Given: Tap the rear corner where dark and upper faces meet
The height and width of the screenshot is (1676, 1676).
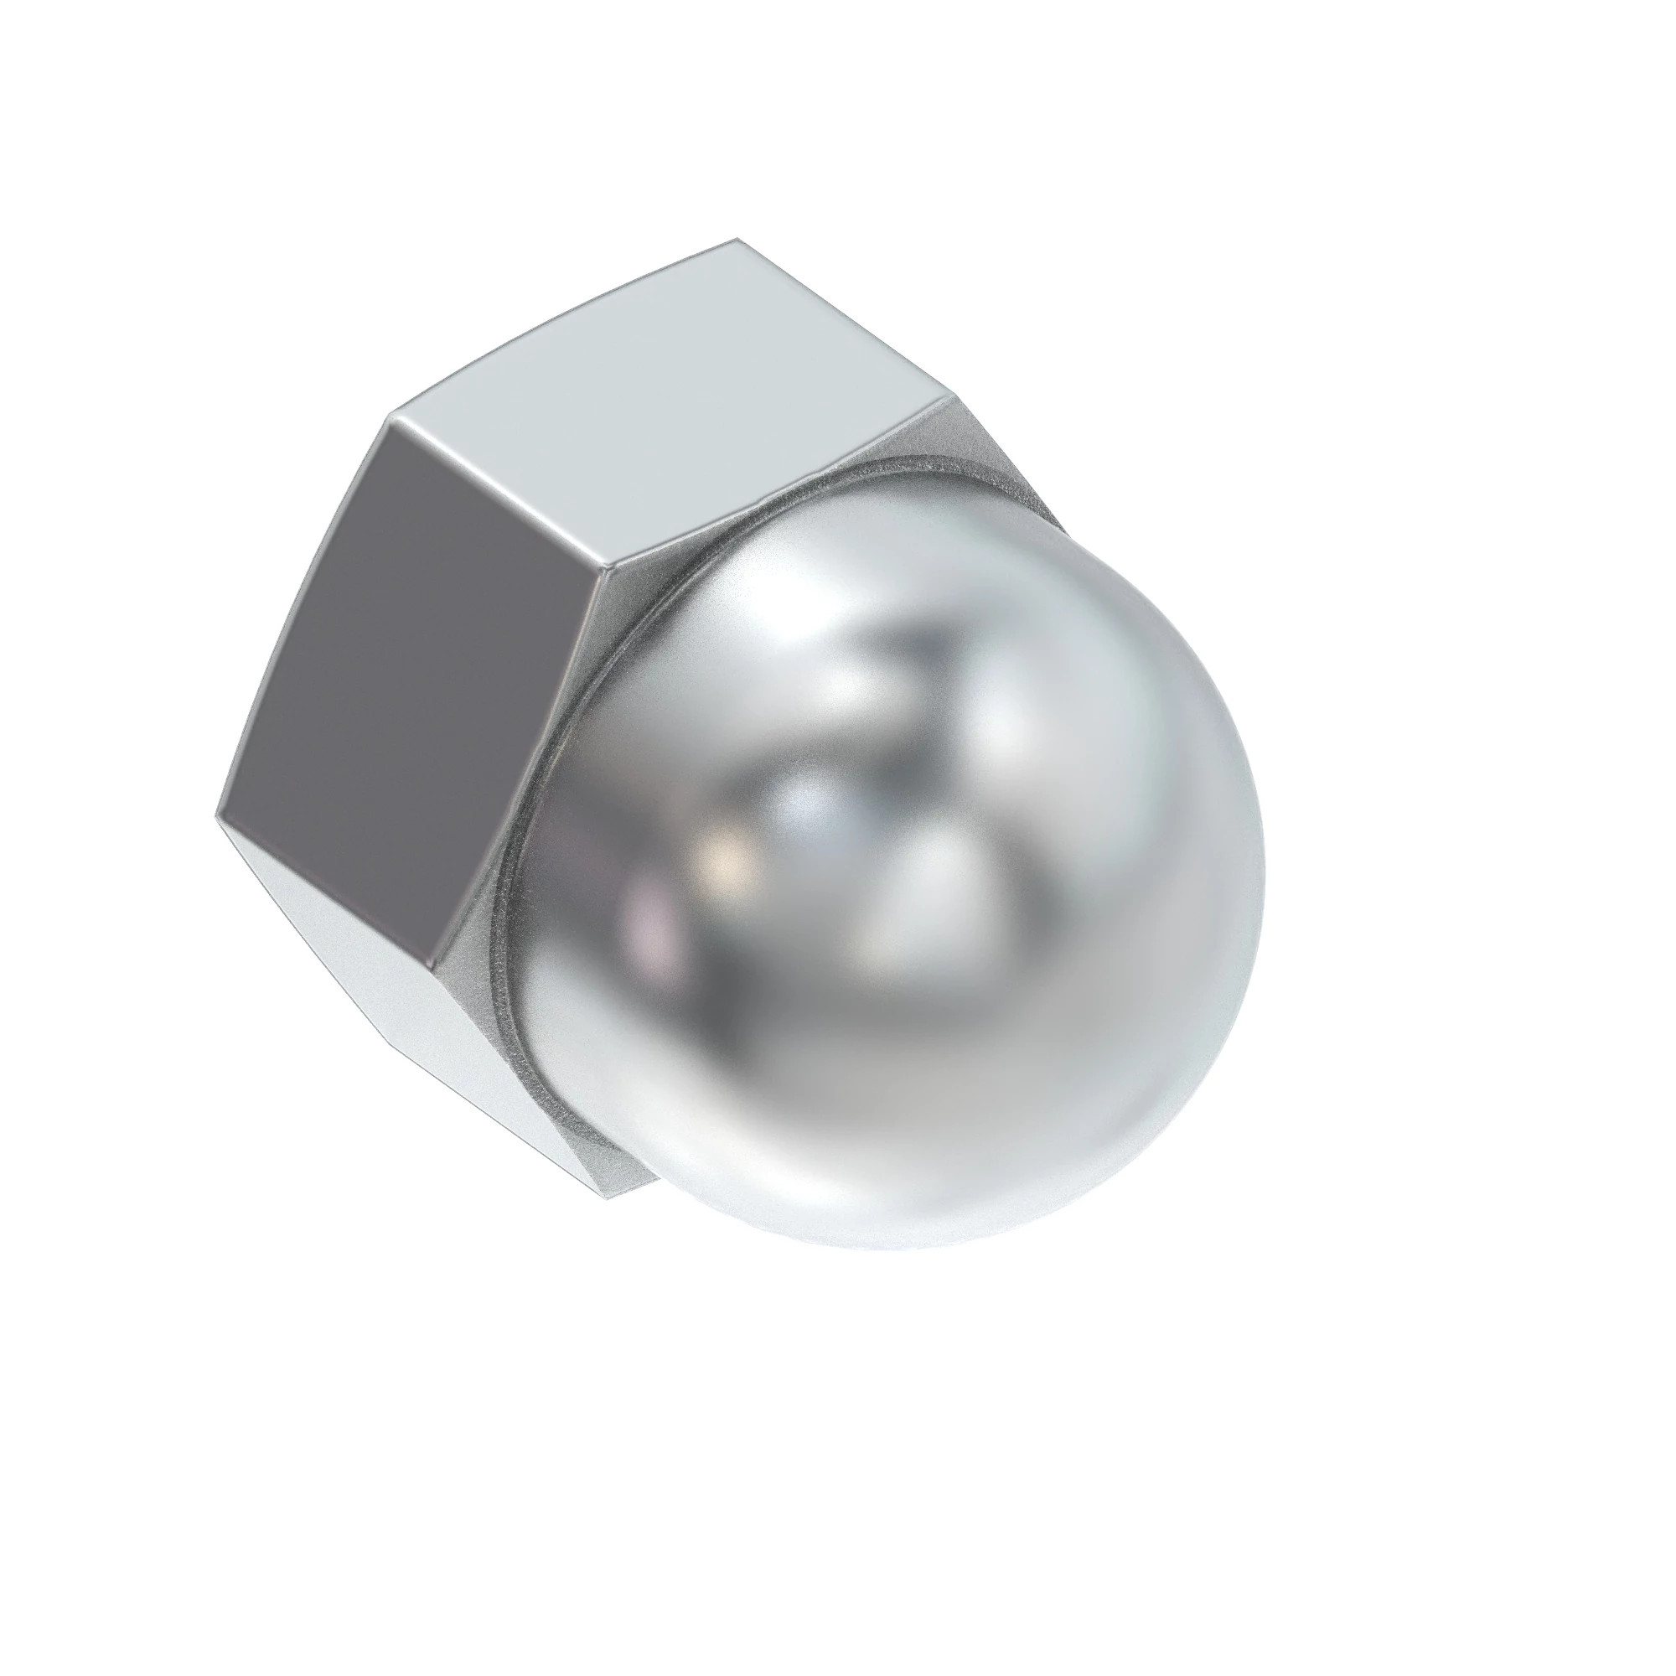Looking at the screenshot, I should (x=387, y=423).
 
